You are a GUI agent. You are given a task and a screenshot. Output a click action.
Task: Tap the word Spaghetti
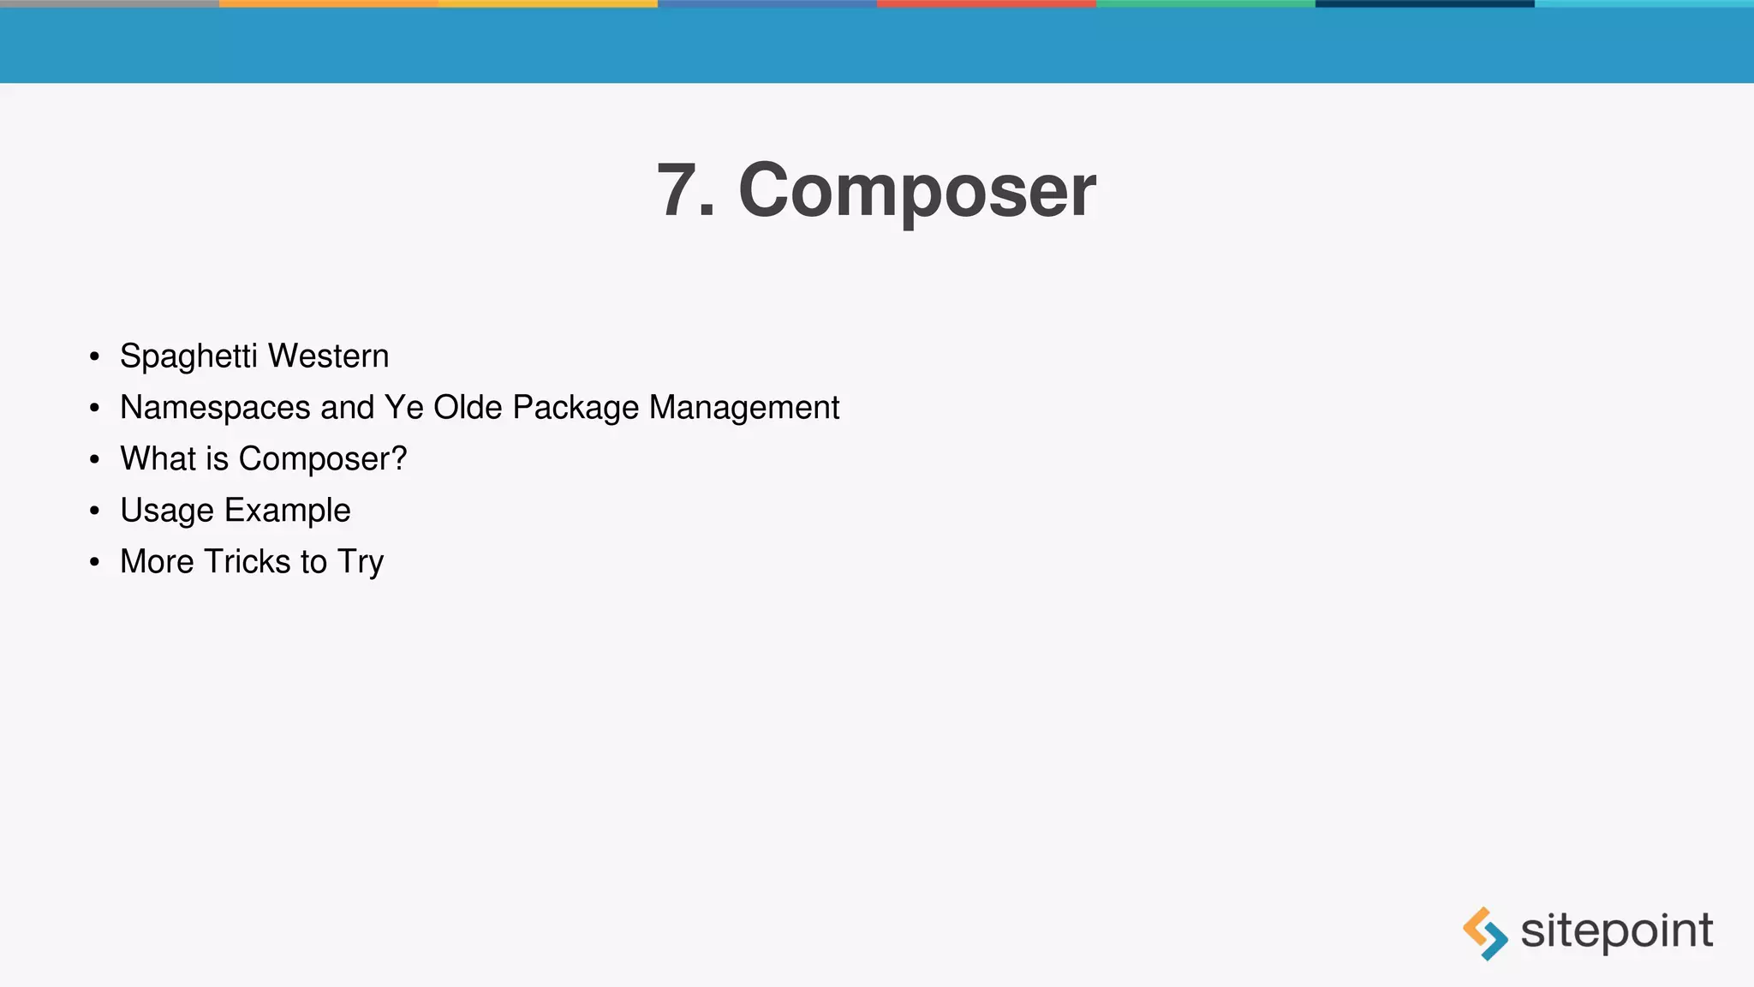(x=188, y=356)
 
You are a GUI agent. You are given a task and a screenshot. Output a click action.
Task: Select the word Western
(x=329, y=356)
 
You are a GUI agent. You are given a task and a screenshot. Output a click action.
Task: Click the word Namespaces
(x=215, y=408)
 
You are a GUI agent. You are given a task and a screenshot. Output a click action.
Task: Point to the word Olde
(x=468, y=408)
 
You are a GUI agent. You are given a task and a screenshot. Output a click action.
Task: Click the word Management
(x=744, y=408)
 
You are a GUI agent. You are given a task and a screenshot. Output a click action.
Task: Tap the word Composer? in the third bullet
(x=323, y=459)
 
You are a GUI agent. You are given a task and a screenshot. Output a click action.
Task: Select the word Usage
(x=167, y=511)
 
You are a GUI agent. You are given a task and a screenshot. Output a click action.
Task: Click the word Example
(x=288, y=511)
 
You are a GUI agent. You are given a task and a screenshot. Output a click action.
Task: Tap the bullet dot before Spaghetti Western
(x=94, y=356)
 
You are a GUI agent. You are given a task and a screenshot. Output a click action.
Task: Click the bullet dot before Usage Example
(x=94, y=511)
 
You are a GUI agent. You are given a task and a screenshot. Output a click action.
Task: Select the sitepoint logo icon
(x=1485, y=933)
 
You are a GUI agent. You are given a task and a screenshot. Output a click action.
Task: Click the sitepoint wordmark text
(x=1616, y=931)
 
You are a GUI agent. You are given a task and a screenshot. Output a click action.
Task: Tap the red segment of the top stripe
(x=987, y=3)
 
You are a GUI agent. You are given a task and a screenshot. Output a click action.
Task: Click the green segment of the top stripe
(x=1206, y=3)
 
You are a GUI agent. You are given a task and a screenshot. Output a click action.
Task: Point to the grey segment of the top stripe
(x=110, y=3)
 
